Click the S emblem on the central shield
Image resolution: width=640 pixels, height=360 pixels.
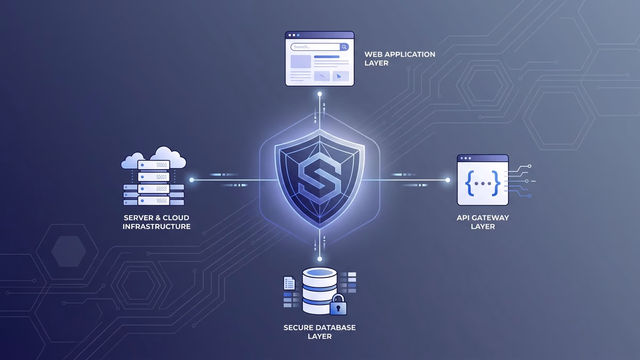click(319, 178)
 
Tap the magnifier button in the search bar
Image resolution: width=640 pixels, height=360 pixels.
click(344, 47)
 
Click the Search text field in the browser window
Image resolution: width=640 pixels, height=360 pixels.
click(315, 47)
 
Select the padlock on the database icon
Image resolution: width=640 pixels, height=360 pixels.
click(338, 305)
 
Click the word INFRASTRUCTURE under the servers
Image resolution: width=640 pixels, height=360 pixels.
click(157, 227)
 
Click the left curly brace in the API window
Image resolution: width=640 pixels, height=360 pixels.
click(470, 183)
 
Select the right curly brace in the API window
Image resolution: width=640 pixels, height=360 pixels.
click(495, 183)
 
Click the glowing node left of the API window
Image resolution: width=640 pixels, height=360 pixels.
click(447, 180)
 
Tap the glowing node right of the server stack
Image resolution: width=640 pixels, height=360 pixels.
click(191, 180)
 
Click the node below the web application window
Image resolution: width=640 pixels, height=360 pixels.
click(319, 94)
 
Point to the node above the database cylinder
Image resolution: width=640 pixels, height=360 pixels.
click(319, 259)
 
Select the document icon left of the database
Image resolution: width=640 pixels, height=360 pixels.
click(289, 283)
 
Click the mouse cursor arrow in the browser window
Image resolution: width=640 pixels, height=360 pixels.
click(339, 76)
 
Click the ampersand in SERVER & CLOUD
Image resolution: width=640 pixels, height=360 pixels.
click(157, 218)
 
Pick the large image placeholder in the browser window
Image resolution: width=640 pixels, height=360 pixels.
click(301, 61)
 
